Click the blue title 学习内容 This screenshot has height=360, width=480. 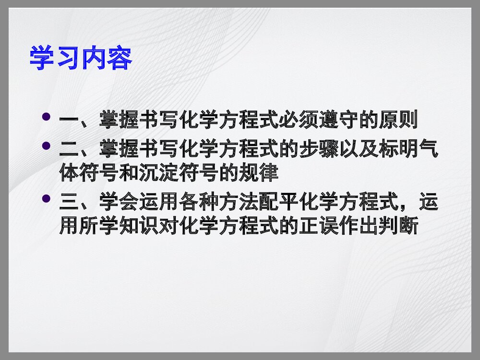point(81,58)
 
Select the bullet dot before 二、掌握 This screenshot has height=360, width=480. point(47,145)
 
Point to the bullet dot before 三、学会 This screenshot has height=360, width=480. point(47,198)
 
